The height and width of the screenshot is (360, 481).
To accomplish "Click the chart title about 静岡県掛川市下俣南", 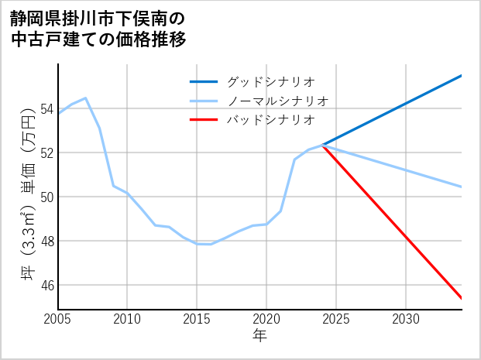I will click(x=98, y=29).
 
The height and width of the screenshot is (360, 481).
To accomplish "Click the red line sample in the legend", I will click(x=204, y=120).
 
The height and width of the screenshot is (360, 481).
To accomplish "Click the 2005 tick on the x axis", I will click(x=57, y=319).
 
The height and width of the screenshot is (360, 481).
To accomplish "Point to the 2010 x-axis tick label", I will click(x=127, y=319).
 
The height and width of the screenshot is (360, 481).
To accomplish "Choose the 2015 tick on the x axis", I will click(x=197, y=319).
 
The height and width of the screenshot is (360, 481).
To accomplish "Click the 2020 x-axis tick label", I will click(x=266, y=319).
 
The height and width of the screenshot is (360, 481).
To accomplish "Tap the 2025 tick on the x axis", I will click(x=336, y=319).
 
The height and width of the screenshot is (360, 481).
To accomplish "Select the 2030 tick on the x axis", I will click(x=406, y=319).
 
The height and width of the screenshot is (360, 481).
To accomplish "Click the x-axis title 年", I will click(x=259, y=336).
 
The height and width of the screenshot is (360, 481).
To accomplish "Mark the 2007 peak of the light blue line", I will click(x=85, y=98).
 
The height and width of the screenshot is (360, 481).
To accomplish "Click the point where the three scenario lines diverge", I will click(x=322, y=146).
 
